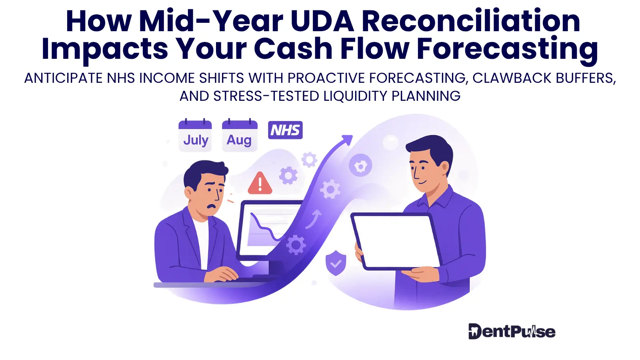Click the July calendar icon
(x=195, y=135)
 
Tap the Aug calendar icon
(x=240, y=135)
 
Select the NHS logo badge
(x=285, y=130)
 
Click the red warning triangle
(x=260, y=183)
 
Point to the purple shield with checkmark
(x=336, y=263)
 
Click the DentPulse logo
(x=512, y=332)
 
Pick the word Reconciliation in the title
(x=472, y=22)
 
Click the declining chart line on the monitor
(x=266, y=227)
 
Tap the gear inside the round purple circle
(x=360, y=165)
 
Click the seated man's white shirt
(x=202, y=243)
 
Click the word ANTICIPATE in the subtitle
(x=63, y=78)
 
